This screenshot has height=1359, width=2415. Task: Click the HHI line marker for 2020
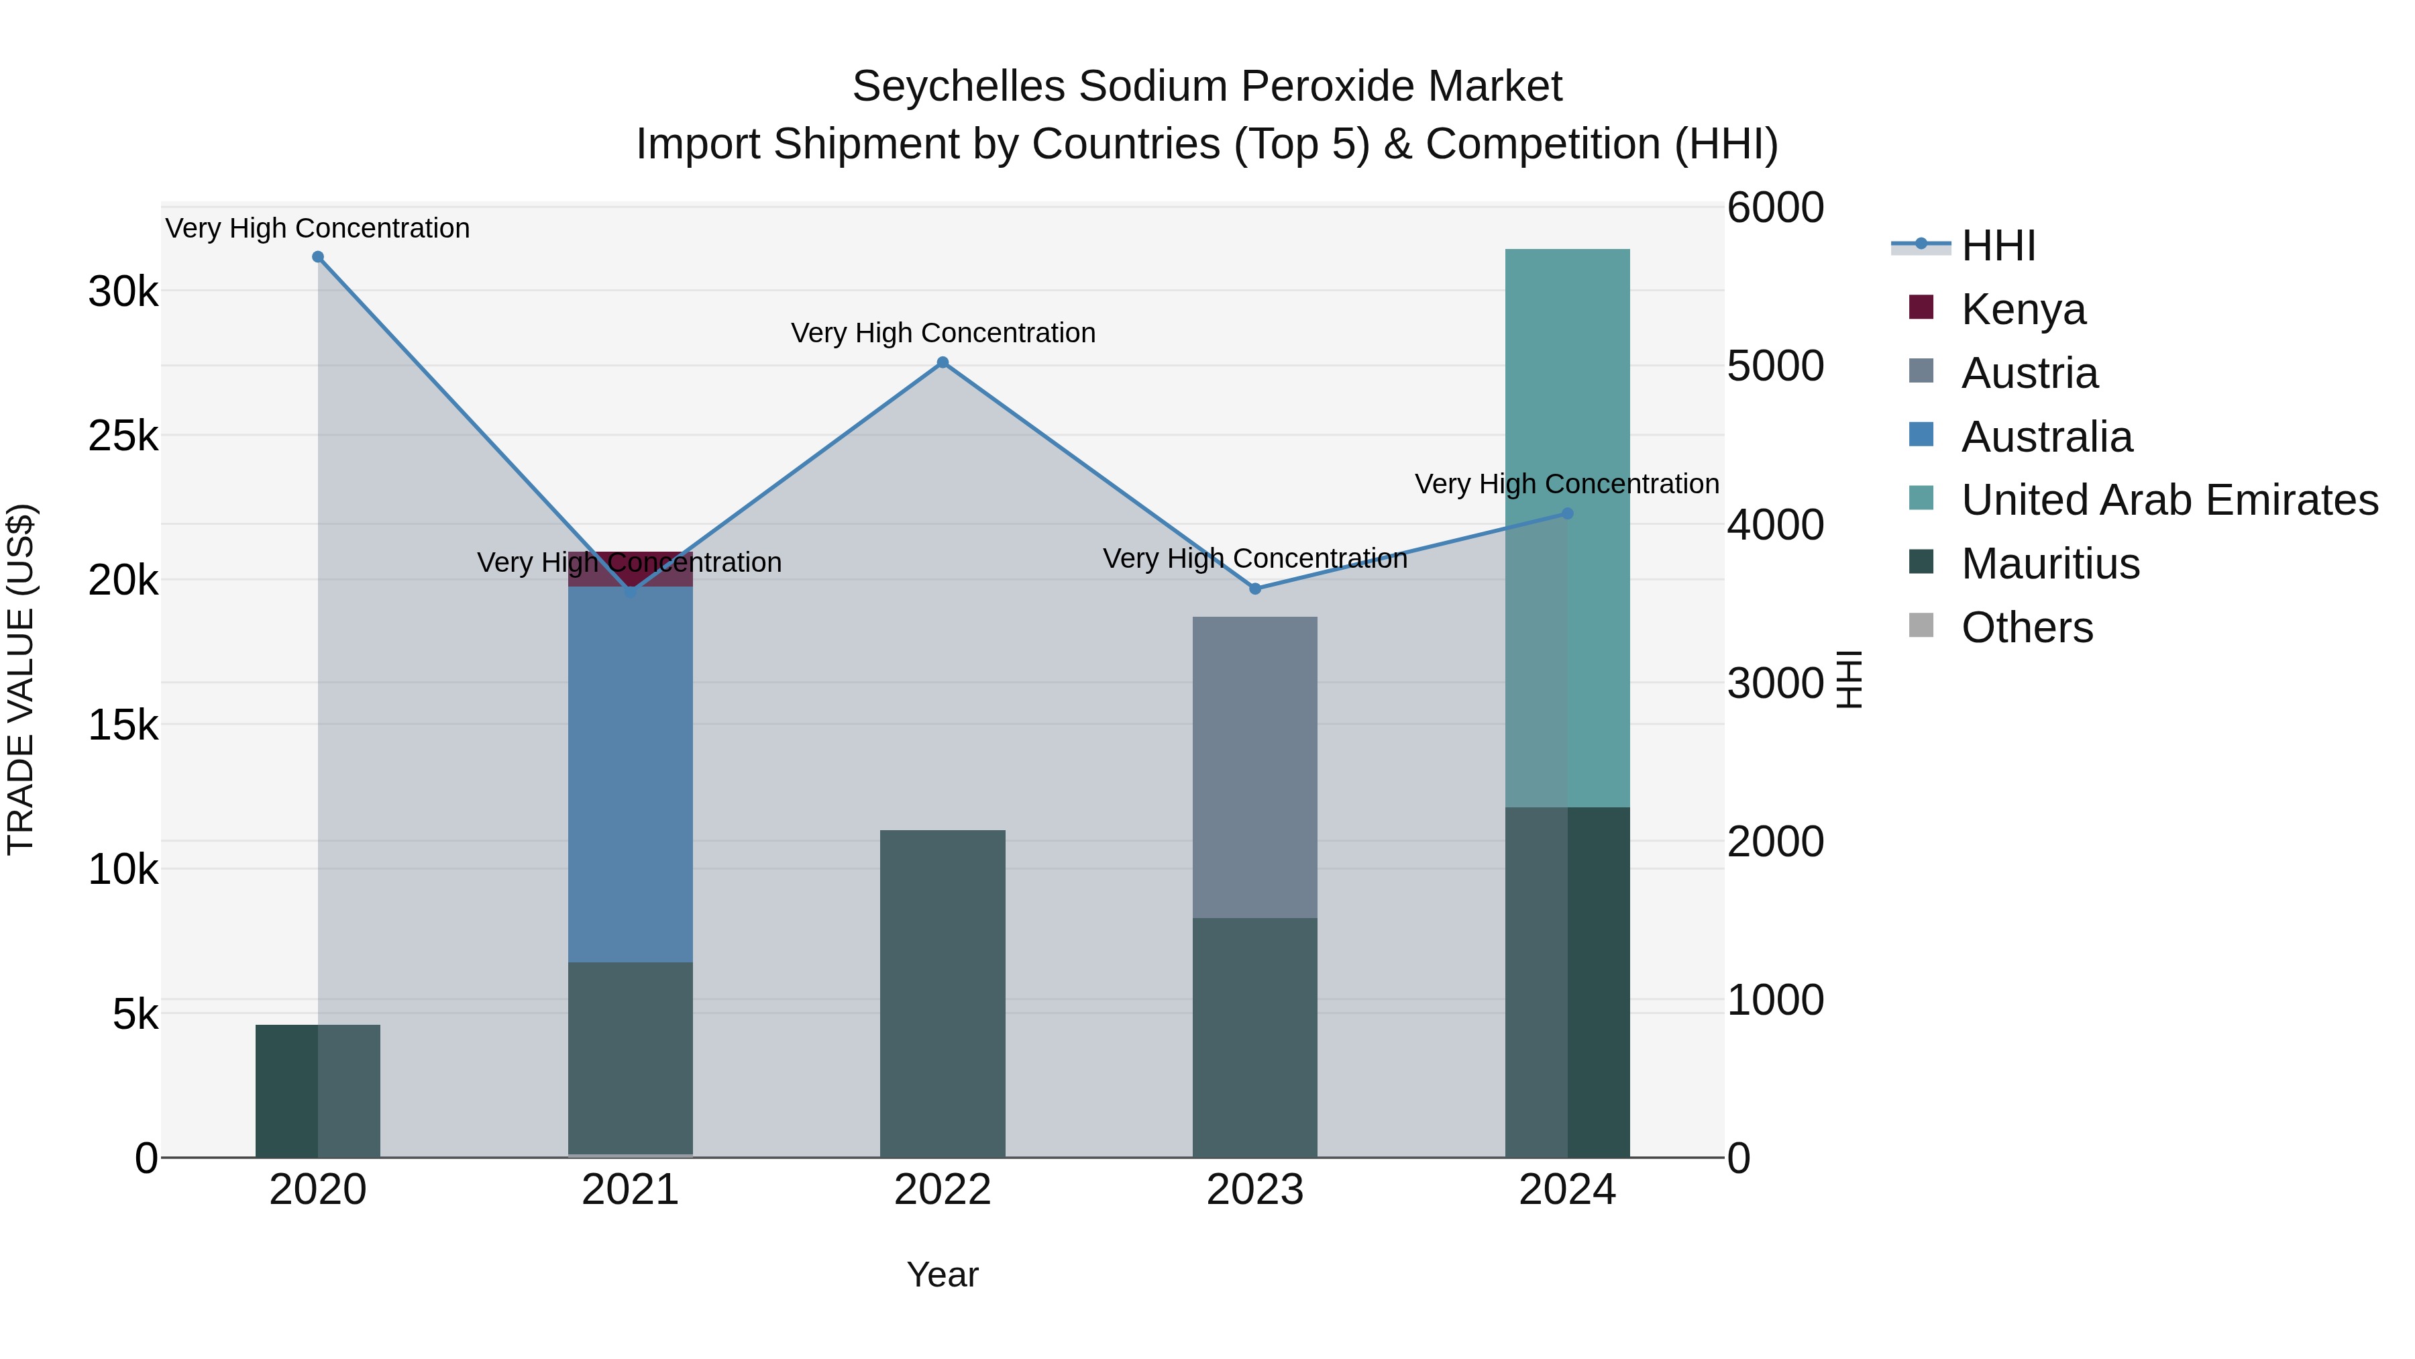point(318,257)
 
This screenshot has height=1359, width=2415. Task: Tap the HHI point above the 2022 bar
point(943,363)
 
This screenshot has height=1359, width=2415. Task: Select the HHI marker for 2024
point(1568,514)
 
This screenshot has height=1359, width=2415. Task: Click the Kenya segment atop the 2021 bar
point(630,569)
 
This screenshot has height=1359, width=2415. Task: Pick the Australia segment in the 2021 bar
point(630,774)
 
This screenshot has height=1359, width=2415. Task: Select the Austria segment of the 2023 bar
point(1254,766)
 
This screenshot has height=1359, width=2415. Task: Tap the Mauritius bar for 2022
point(943,994)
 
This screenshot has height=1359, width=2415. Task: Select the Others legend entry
point(2026,627)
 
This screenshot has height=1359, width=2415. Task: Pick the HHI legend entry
point(1997,246)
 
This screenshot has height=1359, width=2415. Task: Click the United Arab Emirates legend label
point(2169,500)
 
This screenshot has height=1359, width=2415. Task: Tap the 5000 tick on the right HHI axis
point(1774,366)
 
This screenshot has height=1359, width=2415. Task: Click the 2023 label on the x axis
point(1254,1190)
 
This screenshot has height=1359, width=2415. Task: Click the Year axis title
point(943,1274)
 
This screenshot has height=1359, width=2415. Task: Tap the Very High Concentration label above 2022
point(943,333)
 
